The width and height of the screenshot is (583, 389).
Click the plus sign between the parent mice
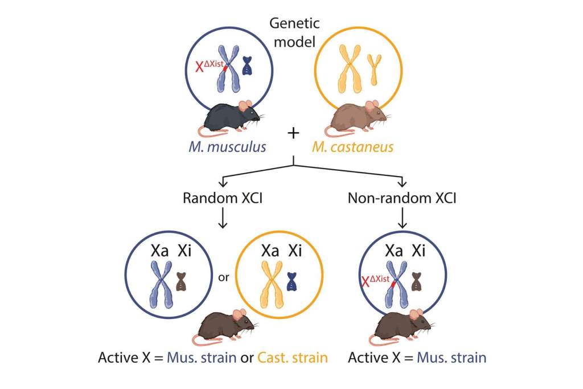[x=293, y=133]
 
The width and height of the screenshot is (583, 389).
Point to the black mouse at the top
[x=228, y=118]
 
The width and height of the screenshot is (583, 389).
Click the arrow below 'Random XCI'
[x=223, y=219]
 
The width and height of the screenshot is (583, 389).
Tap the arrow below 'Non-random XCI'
[x=402, y=219]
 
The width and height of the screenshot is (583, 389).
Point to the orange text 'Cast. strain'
[x=293, y=358]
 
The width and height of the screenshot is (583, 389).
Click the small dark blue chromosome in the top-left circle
[x=248, y=65]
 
